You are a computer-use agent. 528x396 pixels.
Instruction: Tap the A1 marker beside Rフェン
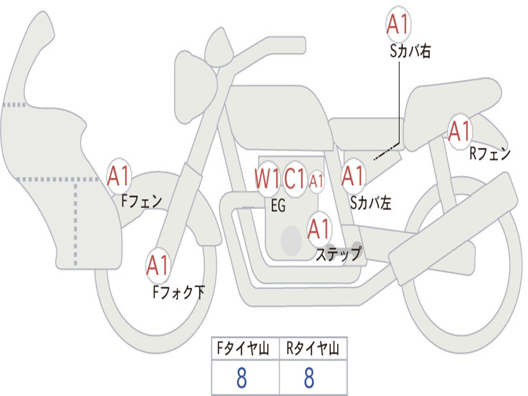point(459,131)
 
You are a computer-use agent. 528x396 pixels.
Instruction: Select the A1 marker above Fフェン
point(119,177)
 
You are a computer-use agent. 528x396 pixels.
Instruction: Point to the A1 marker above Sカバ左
point(354,176)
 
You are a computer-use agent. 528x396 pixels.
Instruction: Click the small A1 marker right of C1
point(317,181)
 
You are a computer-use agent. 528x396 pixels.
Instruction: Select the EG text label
point(278,206)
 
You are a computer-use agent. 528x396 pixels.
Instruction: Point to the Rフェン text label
point(489,154)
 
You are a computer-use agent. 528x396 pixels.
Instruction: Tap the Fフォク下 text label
point(178,292)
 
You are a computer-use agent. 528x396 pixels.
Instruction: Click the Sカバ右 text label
point(410,52)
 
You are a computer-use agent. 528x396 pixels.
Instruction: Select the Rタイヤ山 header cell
point(312,350)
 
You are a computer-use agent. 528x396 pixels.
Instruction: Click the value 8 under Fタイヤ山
point(241,378)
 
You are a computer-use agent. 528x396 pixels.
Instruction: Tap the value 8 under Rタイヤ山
point(309,378)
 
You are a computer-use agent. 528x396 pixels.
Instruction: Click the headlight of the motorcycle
point(195,85)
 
